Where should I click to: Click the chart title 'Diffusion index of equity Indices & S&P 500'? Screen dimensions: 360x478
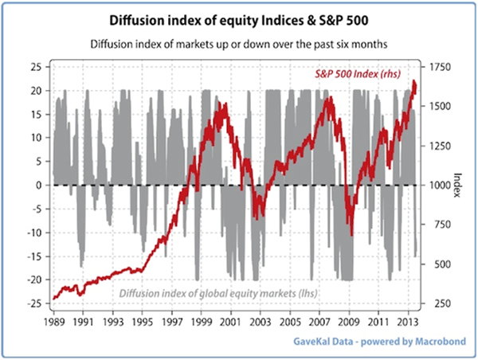[238, 18]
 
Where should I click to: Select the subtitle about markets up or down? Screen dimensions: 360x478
[238, 45]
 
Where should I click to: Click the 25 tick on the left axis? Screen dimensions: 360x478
[34, 67]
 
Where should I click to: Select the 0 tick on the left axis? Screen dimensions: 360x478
[38, 185]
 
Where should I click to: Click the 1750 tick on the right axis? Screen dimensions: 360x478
[443, 67]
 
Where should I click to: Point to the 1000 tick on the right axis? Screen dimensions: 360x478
[443, 185]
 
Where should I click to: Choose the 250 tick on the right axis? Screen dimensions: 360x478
[441, 303]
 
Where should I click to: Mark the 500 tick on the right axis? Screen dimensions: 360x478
[441, 264]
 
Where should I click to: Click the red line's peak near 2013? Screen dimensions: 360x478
[414, 81]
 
